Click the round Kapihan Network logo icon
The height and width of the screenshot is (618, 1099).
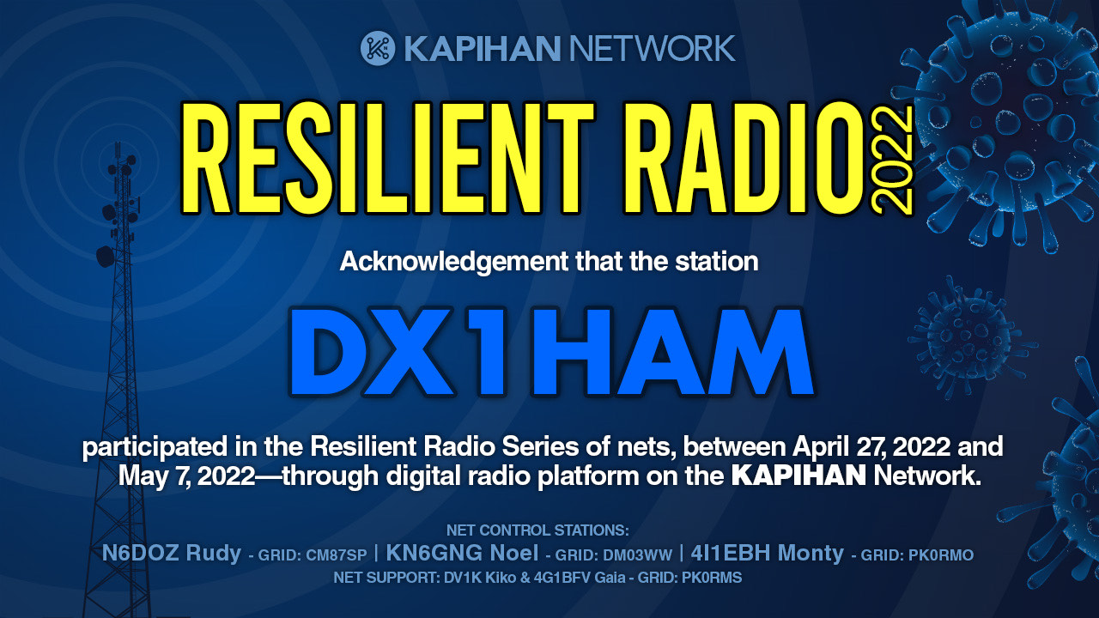tap(378, 49)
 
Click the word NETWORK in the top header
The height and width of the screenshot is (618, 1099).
tap(652, 49)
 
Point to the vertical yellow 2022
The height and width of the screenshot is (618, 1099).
tap(893, 160)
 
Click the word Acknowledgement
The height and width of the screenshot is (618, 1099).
tap(454, 262)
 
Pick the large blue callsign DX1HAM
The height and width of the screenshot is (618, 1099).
tap(551, 351)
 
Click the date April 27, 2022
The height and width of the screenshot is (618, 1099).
tap(871, 447)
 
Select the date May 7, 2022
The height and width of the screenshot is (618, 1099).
tap(187, 476)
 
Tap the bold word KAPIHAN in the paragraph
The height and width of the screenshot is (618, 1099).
tap(798, 476)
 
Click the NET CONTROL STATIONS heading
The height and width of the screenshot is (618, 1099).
tap(537, 530)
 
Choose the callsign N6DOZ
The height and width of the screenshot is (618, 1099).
tap(140, 553)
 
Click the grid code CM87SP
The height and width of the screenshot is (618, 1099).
tap(336, 555)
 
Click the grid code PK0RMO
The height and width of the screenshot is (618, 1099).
tap(941, 555)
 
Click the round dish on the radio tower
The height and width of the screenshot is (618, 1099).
tap(105, 257)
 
